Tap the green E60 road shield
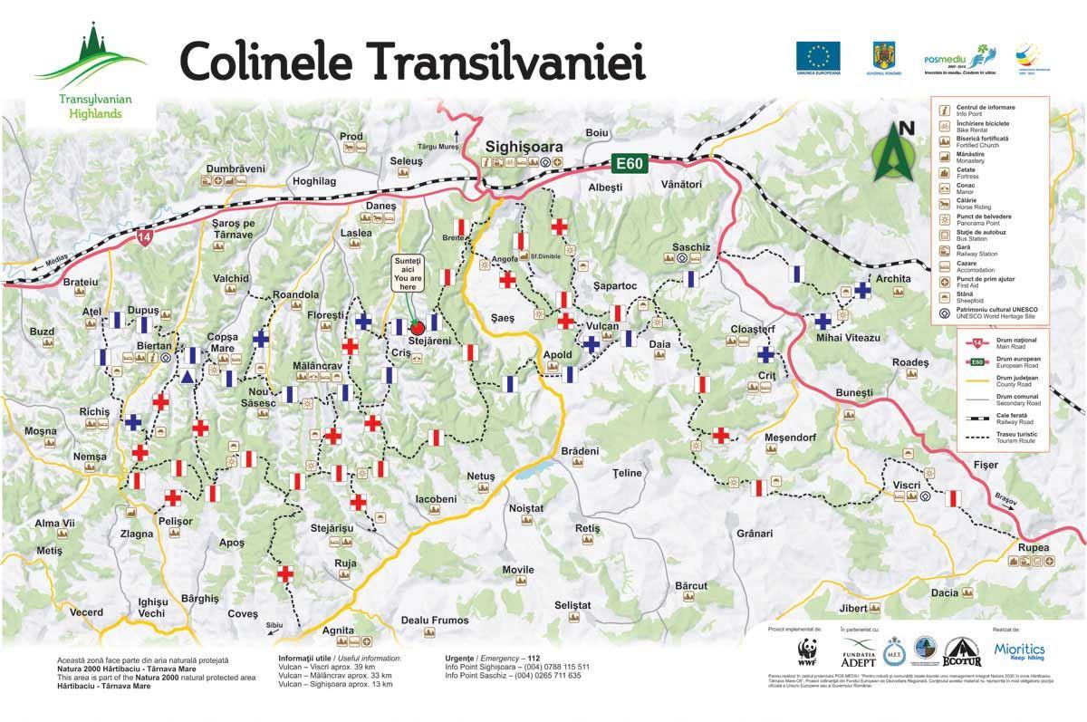pyautogui.click(x=626, y=164)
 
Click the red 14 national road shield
pyautogui.click(x=145, y=237)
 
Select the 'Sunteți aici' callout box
pyautogui.click(x=408, y=274)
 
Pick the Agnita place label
pyautogui.click(x=338, y=630)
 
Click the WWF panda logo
pyautogui.click(x=806, y=651)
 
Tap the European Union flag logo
pyautogui.click(x=818, y=56)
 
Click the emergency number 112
pyautogui.click(x=534, y=659)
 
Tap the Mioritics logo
pyautogui.click(x=1019, y=650)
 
